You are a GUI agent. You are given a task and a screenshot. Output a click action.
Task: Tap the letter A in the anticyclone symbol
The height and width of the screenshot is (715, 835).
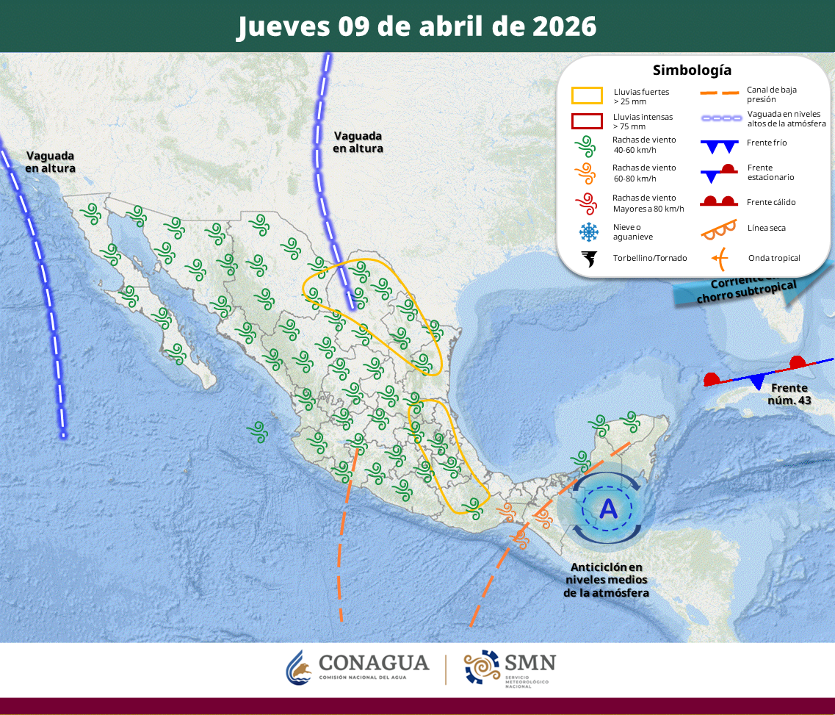point(608,508)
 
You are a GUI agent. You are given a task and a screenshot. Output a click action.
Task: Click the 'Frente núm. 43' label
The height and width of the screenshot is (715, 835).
point(789,394)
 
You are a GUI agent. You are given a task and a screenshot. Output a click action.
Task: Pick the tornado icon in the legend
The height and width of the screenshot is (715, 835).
point(589,259)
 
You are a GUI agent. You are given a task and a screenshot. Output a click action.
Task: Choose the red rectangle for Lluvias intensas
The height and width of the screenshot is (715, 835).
point(587,121)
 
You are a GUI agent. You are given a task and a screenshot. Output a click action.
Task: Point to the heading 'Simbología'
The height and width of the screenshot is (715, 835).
point(692,71)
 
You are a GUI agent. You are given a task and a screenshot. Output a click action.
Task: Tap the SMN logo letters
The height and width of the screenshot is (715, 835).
point(529,662)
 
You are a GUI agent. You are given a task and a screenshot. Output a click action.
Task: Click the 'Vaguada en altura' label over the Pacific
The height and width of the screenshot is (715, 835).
point(50,162)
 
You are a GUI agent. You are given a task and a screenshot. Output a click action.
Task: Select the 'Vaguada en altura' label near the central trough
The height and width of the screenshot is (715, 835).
point(358,142)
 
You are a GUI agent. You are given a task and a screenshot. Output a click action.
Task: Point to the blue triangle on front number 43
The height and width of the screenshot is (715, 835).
point(756,381)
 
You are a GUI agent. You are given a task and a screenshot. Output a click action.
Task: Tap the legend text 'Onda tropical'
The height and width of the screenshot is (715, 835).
point(774,258)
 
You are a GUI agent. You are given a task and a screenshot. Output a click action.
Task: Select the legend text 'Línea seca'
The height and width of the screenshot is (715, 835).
point(767,228)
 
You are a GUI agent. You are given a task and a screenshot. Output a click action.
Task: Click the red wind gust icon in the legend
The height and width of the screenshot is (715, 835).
point(585,202)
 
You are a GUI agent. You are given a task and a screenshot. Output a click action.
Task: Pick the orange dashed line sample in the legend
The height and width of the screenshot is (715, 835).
point(718,94)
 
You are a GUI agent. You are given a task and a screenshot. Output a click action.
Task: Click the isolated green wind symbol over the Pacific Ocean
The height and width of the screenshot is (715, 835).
point(258,431)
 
